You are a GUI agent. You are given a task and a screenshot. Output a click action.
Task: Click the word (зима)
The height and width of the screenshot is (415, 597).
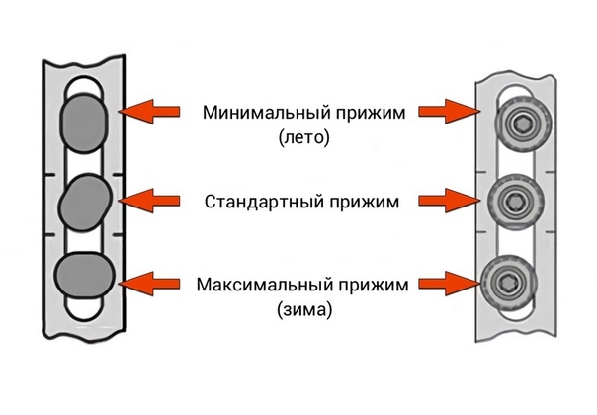coord(303,310)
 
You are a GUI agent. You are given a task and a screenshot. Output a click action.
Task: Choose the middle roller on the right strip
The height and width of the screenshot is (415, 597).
coord(514,202)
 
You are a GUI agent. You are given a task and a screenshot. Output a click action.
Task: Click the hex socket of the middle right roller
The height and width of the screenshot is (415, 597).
coord(514,202)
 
